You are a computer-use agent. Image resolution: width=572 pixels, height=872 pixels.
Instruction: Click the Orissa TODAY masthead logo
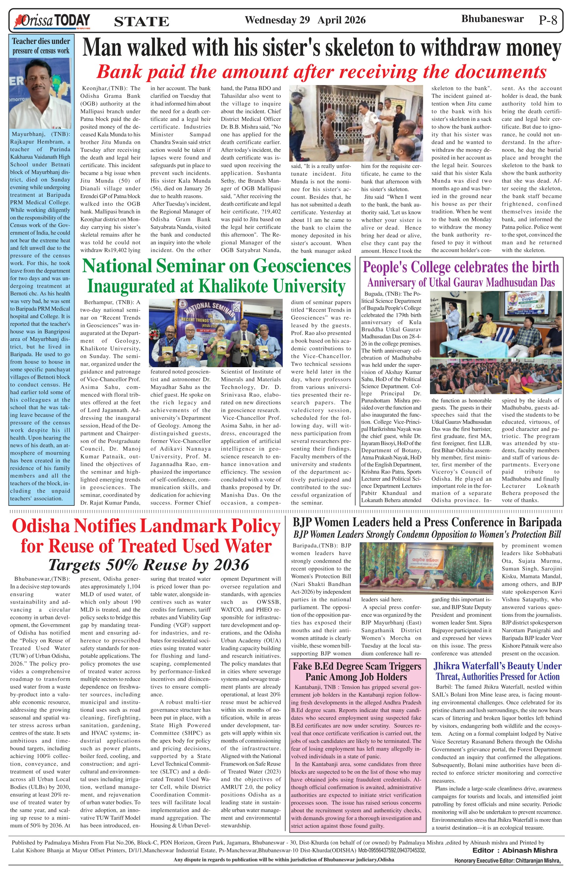(52, 21)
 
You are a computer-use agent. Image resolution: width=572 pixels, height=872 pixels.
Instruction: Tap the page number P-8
(548, 20)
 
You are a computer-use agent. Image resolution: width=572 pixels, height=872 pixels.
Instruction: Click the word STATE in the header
(142, 22)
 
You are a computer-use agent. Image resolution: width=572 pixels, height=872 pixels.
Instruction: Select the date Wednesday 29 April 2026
(305, 20)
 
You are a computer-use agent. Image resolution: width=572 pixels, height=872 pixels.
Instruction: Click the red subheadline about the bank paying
(321, 72)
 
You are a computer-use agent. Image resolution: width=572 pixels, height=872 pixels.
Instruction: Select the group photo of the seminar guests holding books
(216, 333)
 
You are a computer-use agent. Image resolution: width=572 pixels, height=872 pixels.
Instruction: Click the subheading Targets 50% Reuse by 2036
(149, 565)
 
